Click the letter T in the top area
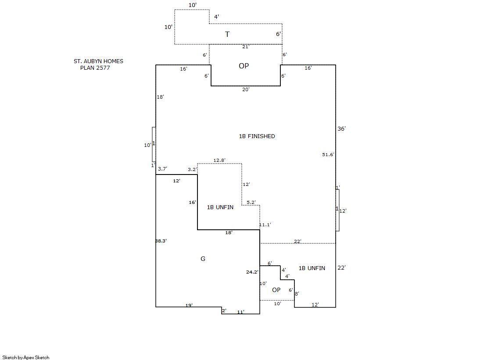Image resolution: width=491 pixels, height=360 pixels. tap(227, 34)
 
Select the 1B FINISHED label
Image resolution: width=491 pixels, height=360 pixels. tap(257, 136)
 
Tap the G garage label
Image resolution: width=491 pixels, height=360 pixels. tap(203, 259)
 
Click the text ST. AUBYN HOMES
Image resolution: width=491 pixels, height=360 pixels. tap(98, 61)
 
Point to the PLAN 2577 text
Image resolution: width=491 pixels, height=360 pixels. tap(95, 68)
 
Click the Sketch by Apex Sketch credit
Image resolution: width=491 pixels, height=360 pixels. tap(26, 357)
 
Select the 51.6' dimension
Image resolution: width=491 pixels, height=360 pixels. tap(328, 154)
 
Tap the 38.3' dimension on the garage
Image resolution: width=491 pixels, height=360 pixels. tap(161, 241)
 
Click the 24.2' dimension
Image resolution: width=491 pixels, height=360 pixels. tap(252, 272)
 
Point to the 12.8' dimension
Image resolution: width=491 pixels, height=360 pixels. tap(219, 160)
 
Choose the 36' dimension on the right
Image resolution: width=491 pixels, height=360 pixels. tap(341, 128)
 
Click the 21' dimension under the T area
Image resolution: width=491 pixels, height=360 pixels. tap(246, 46)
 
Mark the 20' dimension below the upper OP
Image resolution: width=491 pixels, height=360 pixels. tap(246, 89)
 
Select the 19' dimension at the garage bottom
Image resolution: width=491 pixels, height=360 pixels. tap(189, 305)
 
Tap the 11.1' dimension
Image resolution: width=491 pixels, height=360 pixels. tap(265, 225)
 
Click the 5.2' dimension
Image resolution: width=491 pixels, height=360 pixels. tap(251, 202)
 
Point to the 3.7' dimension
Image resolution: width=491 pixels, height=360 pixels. tap(162, 169)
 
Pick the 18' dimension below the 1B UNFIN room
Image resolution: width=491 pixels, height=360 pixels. tap(229, 232)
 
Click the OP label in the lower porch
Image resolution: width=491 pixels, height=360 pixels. tap(276, 290)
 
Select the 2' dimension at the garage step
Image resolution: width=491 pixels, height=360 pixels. tap(224, 311)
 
